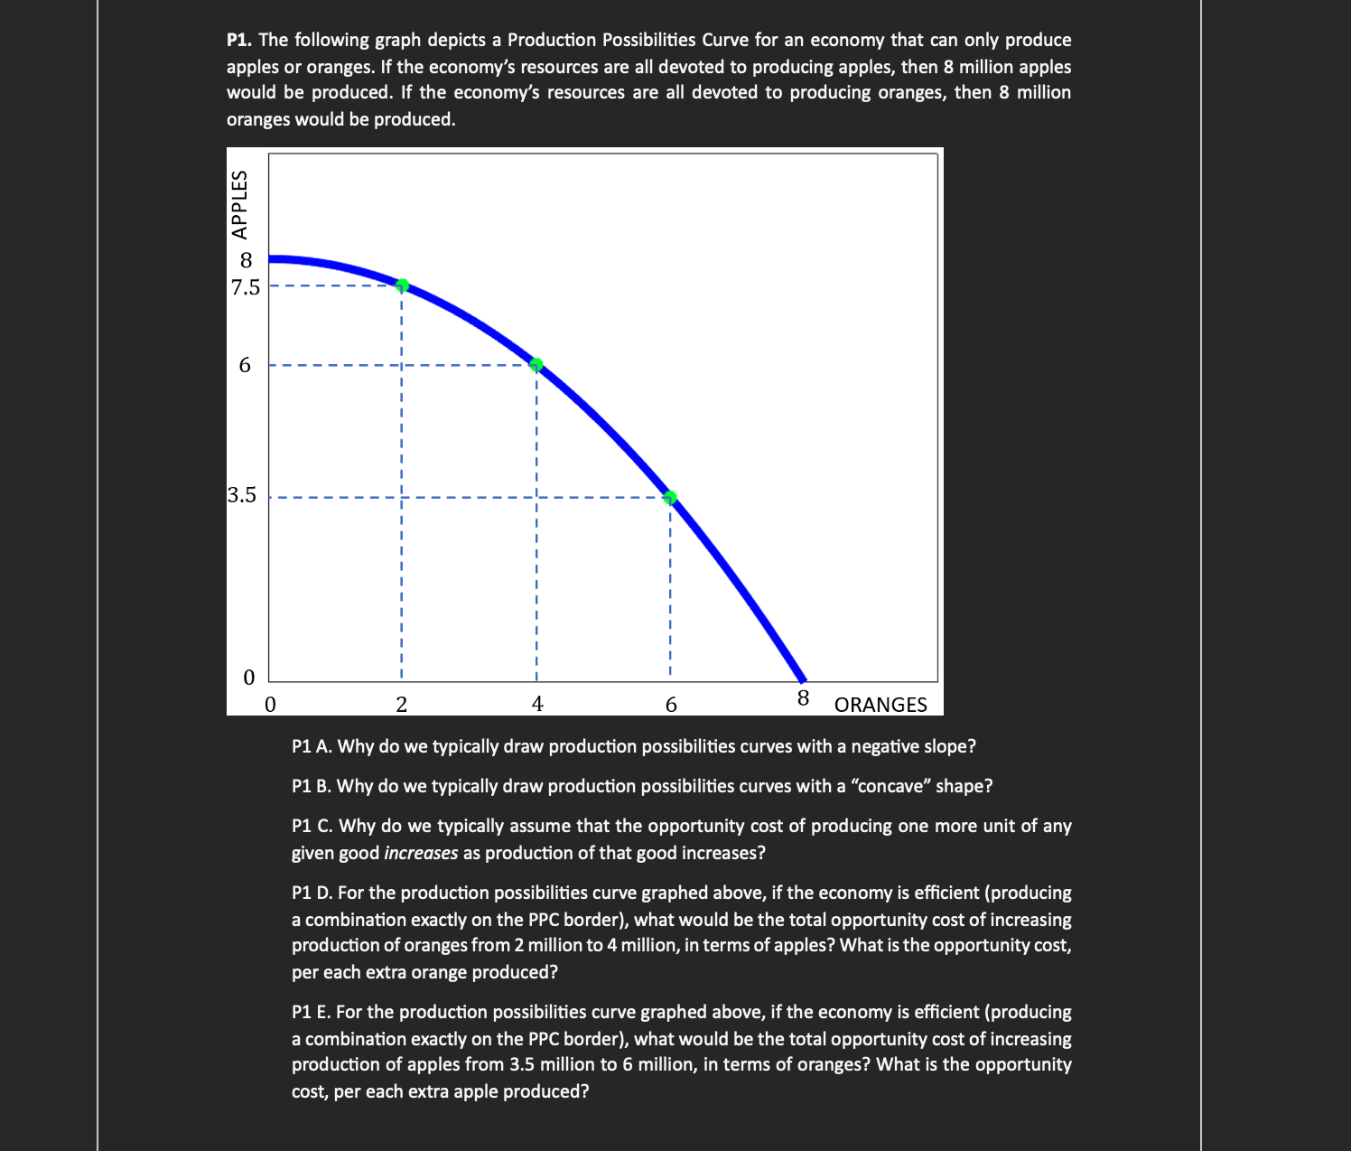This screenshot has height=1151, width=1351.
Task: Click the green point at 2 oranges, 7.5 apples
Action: pos(403,285)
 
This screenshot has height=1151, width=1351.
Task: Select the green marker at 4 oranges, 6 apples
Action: pos(536,365)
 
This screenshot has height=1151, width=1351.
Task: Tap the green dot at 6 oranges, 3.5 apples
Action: pos(670,498)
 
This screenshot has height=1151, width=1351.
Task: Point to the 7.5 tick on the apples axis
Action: pos(245,288)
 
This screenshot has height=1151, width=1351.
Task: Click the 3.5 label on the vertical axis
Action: pos(242,495)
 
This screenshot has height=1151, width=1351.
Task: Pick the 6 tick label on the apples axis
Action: pos(245,366)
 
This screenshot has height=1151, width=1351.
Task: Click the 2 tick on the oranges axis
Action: pos(402,705)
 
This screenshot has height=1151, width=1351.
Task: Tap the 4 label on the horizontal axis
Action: pos(537,705)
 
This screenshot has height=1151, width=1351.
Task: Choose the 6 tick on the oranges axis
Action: pos(671,705)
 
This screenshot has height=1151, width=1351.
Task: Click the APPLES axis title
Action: pos(239,204)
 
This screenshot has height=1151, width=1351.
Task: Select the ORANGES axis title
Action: pos(880,705)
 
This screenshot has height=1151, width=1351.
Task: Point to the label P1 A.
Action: pos(312,747)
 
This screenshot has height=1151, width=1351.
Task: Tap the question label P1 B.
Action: pos(312,787)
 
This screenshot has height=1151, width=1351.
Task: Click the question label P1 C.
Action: pos(312,827)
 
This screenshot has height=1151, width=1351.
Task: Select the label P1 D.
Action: pos(312,894)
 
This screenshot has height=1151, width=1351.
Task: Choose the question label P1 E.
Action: pos(312,1013)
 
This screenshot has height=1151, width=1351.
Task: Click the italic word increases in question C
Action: pos(421,854)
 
